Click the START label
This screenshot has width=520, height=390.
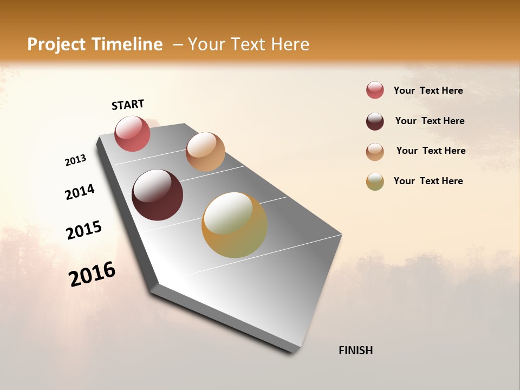[x=128, y=105]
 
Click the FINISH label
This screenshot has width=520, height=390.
[x=355, y=350]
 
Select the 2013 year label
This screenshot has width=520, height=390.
[x=75, y=160]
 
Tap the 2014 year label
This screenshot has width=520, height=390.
[x=80, y=192]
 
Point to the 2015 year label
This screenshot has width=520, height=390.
[x=84, y=230]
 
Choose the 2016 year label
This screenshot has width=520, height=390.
[x=92, y=274]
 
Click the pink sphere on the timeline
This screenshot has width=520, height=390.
[x=132, y=133]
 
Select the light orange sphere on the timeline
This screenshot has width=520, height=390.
[x=205, y=152]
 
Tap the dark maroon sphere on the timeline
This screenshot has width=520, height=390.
[x=157, y=195]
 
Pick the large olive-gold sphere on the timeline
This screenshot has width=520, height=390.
[x=234, y=225]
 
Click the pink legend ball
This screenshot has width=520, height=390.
[x=375, y=90]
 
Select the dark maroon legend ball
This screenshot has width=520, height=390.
[x=375, y=121]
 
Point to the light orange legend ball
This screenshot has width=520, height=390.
[x=375, y=152]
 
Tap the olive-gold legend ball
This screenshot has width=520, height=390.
[x=375, y=181]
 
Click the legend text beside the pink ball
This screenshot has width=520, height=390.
[x=428, y=90]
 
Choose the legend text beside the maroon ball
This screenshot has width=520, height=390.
[x=430, y=121]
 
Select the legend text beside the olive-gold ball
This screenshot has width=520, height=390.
[x=428, y=181]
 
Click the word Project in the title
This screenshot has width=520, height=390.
[x=57, y=44]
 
